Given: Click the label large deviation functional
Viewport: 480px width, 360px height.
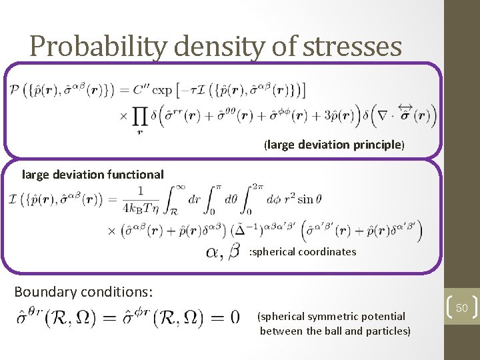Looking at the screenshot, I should coord(93,175).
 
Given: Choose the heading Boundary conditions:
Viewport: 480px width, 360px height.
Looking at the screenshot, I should coord(83,292).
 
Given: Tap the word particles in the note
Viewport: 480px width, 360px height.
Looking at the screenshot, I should coord(387,331).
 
